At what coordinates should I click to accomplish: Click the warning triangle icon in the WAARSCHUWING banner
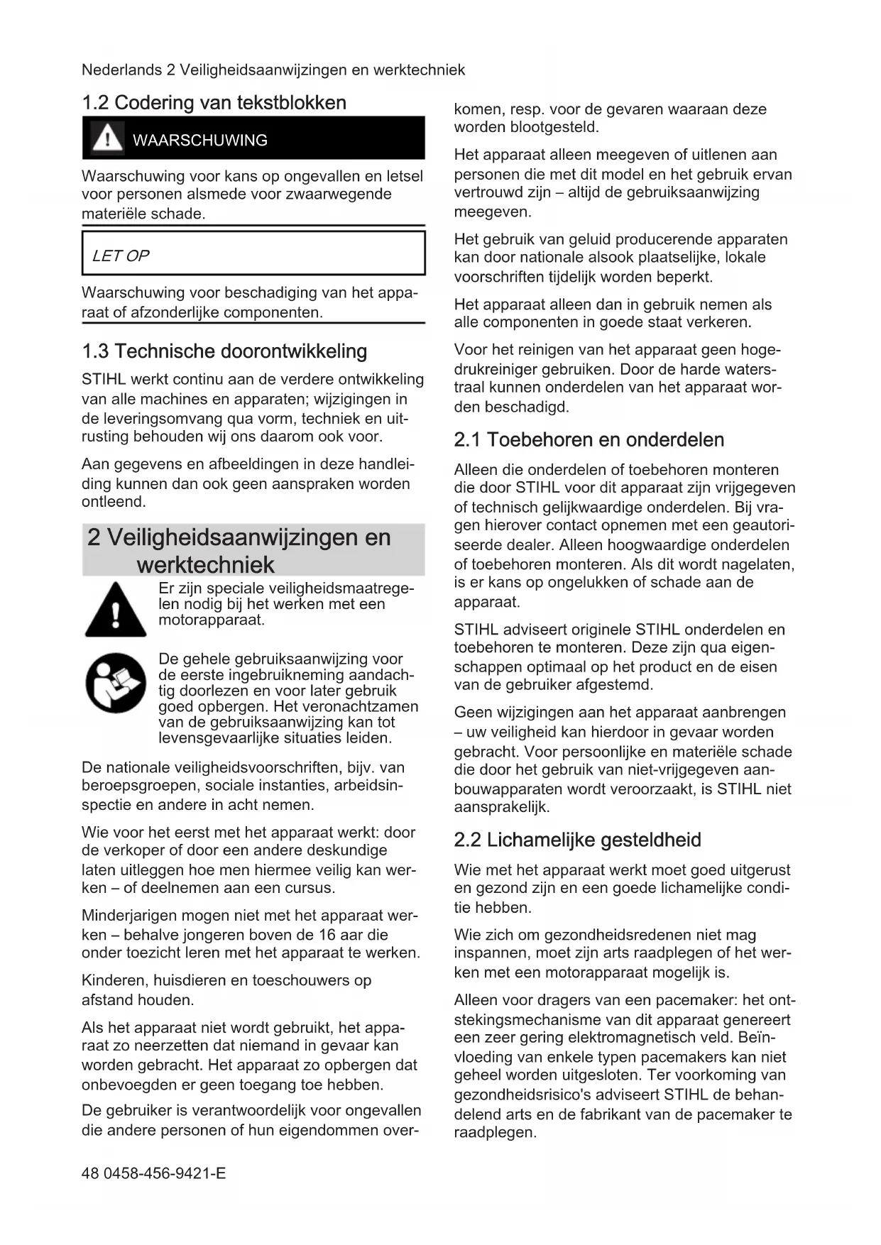[107, 138]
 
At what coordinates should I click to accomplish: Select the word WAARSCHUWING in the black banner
[199, 141]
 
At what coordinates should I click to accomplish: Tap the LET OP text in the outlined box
[121, 256]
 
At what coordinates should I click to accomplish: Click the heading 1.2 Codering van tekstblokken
[214, 103]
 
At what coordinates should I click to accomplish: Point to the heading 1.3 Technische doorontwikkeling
[224, 351]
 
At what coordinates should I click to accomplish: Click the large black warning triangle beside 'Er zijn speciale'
[115, 610]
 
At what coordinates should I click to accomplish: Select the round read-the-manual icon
[115, 683]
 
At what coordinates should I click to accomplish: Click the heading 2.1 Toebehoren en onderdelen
[589, 440]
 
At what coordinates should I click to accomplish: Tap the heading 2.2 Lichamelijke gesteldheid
[577, 840]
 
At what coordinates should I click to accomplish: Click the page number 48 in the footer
[90, 1173]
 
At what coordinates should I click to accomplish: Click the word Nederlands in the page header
[121, 70]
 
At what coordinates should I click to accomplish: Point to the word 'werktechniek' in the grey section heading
[205, 565]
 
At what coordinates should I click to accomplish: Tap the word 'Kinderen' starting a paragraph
[114, 980]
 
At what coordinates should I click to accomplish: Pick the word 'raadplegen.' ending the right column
[495, 1132]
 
